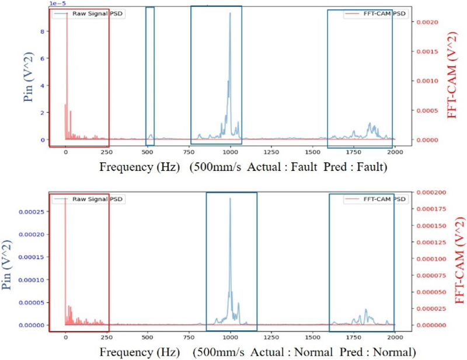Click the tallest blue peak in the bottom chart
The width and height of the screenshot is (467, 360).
click(x=230, y=199)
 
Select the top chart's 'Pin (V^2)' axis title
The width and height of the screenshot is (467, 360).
click(x=28, y=76)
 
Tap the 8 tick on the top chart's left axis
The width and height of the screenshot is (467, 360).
click(x=42, y=32)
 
